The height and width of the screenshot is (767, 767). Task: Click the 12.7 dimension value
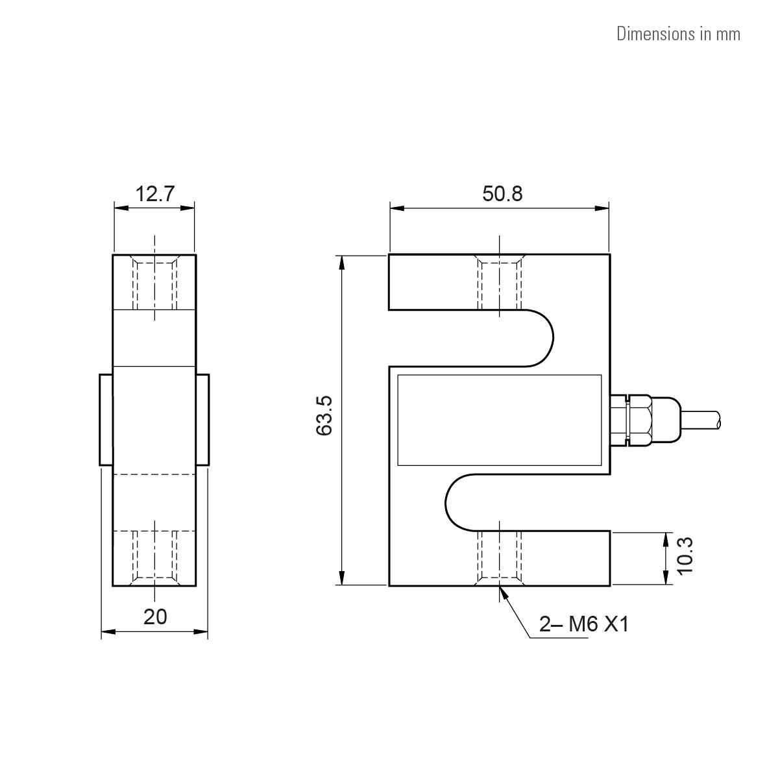[154, 193]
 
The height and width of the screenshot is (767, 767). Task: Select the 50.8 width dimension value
[502, 193]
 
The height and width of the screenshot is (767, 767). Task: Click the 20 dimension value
[155, 616]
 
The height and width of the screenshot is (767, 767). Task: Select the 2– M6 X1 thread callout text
[584, 624]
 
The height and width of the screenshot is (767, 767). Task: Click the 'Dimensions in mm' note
[677, 34]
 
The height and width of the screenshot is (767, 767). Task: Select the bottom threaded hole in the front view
[499, 557]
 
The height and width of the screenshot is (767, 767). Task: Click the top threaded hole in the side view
[154, 284]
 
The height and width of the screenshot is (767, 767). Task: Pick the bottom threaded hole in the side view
[154, 557]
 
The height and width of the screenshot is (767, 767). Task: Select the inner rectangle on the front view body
[499, 420]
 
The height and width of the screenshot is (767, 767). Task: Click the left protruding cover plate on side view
[106, 420]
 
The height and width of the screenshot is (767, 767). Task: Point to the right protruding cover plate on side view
[202, 420]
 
